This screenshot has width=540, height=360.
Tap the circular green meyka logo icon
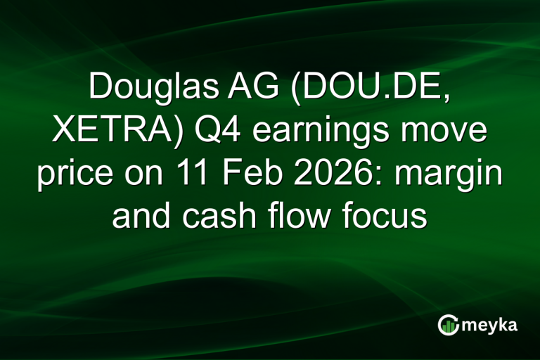click(x=449, y=325)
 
